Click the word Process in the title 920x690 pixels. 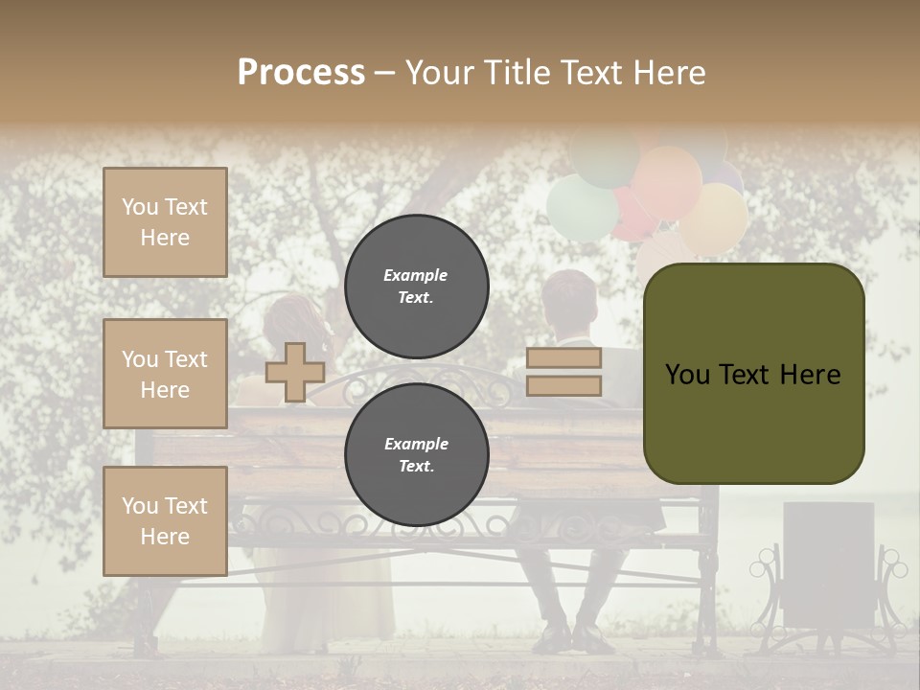[x=301, y=72]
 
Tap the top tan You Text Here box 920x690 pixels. [x=165, y=222]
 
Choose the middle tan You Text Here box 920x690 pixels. [x=165, y=374]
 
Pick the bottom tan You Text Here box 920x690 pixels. [x=165, y=521]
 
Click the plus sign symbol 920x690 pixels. [x=295, y=372]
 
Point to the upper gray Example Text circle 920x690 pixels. [x=416, y=287]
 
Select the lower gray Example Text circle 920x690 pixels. [x=416, y=455]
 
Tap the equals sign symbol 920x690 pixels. [x=563, y=372]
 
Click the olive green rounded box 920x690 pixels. [x=753, y=374]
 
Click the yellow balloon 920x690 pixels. [x=714, y=218]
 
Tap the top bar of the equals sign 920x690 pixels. [x=563, y=358]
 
